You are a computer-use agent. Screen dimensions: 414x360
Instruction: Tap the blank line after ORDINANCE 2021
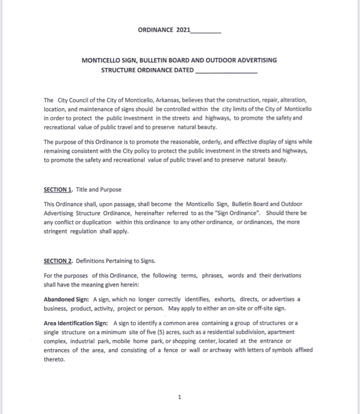tap(206, 31)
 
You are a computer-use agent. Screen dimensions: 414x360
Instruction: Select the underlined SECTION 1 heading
tap(58, 190)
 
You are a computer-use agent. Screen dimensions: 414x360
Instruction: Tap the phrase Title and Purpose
tap(99, 190)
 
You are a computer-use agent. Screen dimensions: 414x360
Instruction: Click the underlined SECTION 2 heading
tap(58, 261)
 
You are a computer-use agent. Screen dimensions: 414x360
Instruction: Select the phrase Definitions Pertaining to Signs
tap(116, 261)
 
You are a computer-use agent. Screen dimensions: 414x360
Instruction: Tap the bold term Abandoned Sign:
tap(67, 300)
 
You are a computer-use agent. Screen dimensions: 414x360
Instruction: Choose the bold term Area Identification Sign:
tap(77, 323)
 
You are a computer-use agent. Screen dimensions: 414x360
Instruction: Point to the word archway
tap(222, 350)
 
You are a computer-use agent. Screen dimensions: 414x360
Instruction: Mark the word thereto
tap(54, 359)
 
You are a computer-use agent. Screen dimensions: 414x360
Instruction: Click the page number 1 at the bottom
tap(180, 397)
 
